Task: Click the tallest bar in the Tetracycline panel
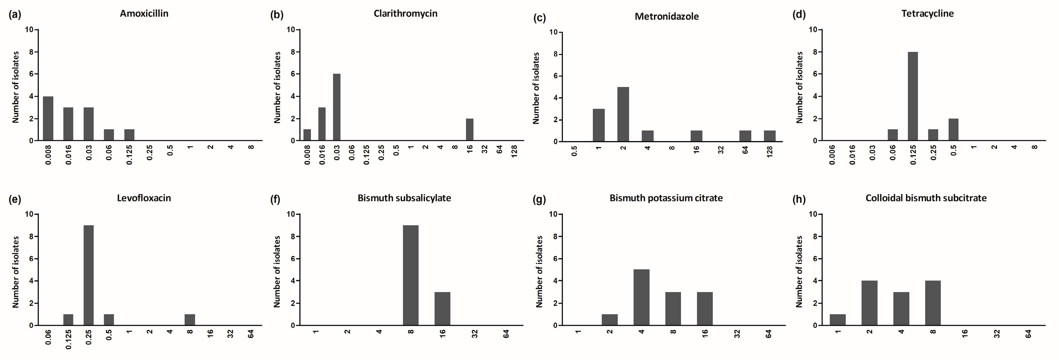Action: click(913, 96)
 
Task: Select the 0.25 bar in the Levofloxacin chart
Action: click(88, 275)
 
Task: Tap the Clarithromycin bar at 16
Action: click(469, 130)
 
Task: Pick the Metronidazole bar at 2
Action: click(623, 114)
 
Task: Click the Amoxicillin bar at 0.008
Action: click(48, 119)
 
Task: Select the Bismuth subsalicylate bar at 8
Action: click(410, 275)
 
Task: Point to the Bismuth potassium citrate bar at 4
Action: click(641, 298)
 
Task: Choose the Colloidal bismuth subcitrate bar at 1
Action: click(838, 320)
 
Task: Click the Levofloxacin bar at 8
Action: click(190, 320)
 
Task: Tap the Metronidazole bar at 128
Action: click(770, 136)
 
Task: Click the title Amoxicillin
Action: click(144, 14)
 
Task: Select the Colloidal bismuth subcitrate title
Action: click(926, 198)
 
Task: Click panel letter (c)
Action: click(539, 18)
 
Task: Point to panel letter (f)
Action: click(275, 200)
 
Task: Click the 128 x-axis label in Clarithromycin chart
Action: click(514, 151)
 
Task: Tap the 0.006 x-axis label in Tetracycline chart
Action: click(832, 154)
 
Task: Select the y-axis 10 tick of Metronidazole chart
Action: click(553, 32)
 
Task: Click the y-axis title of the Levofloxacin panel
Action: click(16, 272)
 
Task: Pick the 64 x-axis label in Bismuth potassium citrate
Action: click(769, 334)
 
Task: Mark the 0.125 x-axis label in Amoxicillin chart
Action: click(130, 154)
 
